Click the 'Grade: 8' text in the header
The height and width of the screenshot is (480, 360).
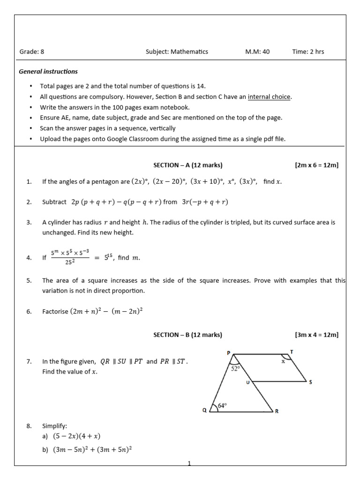[31, 52]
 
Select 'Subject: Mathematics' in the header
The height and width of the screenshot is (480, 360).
[177, 52]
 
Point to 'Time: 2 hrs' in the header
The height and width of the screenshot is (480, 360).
[308, 52]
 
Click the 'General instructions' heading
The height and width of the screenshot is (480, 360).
[48, 72]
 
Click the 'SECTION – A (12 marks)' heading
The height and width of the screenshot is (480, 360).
[188, 165]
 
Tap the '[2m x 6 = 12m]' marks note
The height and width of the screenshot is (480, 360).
[316, 165]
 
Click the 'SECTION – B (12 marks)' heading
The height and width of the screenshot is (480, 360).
[188, 335]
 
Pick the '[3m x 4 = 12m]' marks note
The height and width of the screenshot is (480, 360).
[316, 335]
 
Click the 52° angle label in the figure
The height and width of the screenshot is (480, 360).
[235, 369]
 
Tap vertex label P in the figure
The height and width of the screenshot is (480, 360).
[229, 352]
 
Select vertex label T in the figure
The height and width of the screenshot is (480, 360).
[292, 352]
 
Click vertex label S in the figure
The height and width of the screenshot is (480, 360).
[310, 382]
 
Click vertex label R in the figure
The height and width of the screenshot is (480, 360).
[277, 412]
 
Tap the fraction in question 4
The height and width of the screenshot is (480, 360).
[70, 257]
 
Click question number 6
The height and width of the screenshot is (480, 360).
[29, 311]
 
